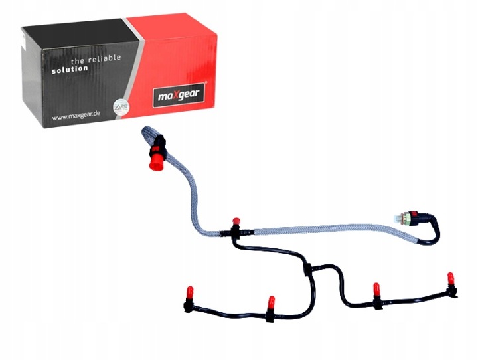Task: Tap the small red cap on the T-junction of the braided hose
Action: pyautogui.click(x=234, y=222)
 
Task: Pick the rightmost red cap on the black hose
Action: pyautogui.click(x=449, y=277)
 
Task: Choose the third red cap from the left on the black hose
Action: pyautogui.click(x=376, y=290)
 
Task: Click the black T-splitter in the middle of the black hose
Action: pyautogui.click(x=306, y=269)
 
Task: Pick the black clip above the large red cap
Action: pyautogui.click(x=159, y=142)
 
